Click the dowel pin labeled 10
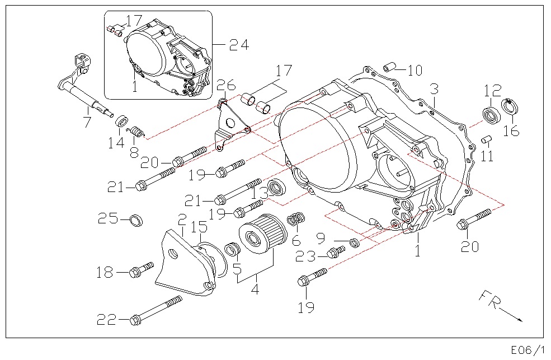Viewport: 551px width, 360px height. tap(389, 68)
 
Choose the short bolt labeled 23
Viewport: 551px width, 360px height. tap(336, 253)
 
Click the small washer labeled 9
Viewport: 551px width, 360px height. tap(354, 242)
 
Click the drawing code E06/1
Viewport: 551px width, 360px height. tap(527, 350)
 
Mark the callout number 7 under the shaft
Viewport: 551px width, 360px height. tap(87, 122)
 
